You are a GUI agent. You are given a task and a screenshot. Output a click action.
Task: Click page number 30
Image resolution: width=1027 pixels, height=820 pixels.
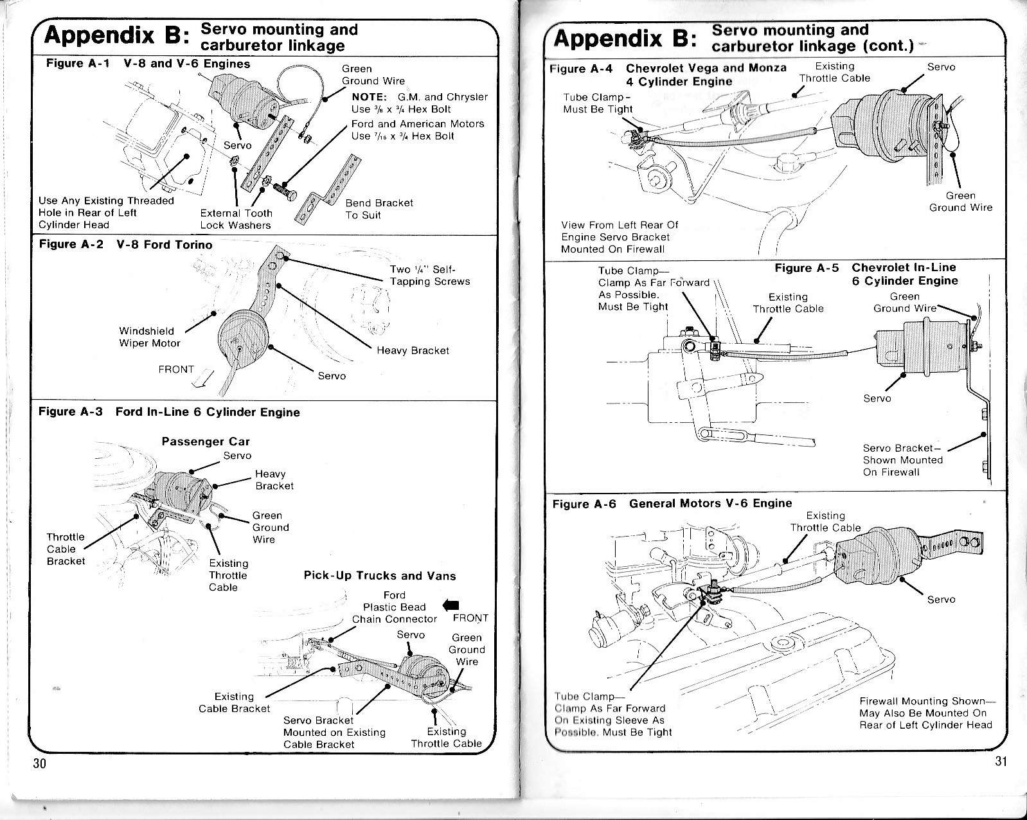40,763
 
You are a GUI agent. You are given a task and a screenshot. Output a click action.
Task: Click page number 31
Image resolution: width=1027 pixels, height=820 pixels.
1001,762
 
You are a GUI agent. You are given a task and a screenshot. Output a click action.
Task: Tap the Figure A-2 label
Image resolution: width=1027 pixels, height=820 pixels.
71,245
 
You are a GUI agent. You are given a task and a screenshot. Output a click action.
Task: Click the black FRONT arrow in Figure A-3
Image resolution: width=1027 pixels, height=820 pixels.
452,605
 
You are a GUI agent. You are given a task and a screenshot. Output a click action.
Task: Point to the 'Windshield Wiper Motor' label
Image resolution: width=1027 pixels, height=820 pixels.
150,337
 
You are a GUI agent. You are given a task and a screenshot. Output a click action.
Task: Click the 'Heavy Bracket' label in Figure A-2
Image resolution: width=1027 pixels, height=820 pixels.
413,350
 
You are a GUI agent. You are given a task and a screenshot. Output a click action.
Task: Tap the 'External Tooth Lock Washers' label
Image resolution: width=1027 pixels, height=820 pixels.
236,219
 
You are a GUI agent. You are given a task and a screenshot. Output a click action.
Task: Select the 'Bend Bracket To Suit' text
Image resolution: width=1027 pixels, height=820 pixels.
379,209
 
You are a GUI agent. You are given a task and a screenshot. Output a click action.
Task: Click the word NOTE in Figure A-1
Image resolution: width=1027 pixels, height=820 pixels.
369,97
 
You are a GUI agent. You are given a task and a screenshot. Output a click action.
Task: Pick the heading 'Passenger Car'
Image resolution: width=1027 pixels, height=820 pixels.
205,441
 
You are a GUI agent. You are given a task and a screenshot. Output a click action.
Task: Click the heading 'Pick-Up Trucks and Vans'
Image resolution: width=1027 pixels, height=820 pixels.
379,576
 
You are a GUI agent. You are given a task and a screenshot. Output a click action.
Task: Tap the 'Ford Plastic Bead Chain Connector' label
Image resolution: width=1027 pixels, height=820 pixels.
394,607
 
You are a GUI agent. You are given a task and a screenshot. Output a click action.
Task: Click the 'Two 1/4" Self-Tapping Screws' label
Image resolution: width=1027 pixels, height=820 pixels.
429,276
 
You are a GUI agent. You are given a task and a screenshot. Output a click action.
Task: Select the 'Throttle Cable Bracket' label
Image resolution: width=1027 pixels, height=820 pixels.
66,549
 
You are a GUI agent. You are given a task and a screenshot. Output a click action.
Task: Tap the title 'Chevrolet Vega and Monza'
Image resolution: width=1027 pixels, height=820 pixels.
706,68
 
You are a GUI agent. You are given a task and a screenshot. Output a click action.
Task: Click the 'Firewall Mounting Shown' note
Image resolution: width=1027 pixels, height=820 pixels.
925,713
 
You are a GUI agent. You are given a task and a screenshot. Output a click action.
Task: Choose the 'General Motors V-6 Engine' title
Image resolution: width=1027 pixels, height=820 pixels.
710,503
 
